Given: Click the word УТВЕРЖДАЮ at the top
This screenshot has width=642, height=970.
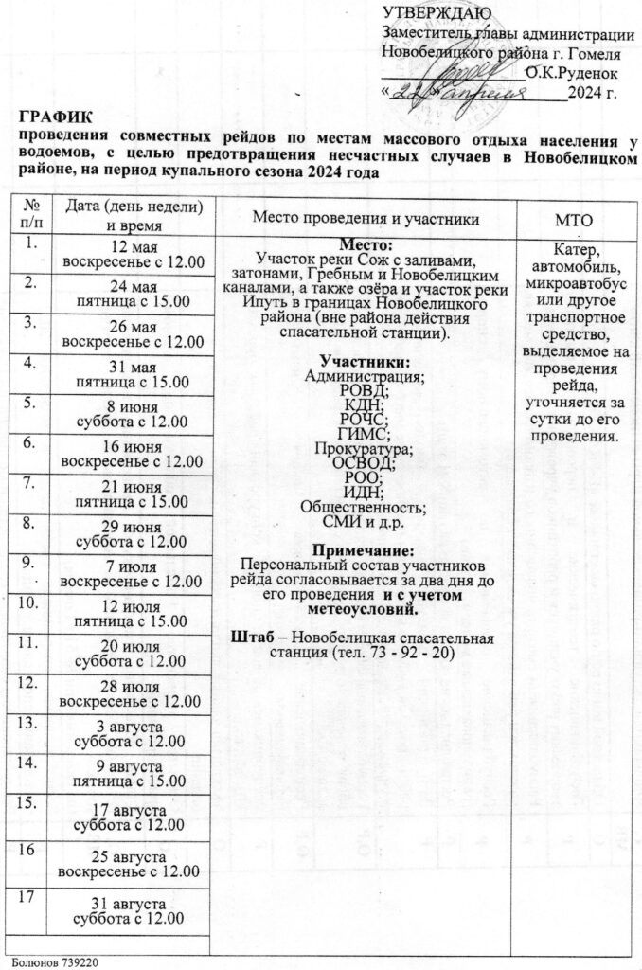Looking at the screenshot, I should click(x=436, y=12).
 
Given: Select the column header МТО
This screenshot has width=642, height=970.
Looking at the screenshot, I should click(x=573, y=220).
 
